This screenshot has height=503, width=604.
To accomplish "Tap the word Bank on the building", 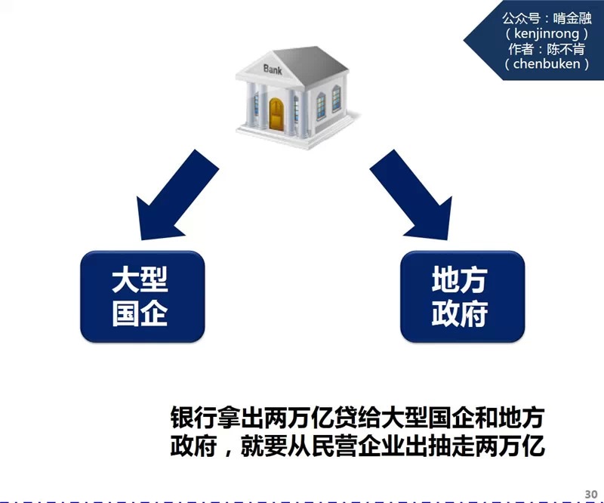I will tap(273, 69).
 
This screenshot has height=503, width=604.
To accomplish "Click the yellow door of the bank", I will tap(279, 113).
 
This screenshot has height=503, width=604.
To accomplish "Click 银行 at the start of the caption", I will tap(190, 418).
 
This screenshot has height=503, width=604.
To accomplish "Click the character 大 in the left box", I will tap(125, 281).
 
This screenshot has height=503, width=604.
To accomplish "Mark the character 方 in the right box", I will tap(476, 281).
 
